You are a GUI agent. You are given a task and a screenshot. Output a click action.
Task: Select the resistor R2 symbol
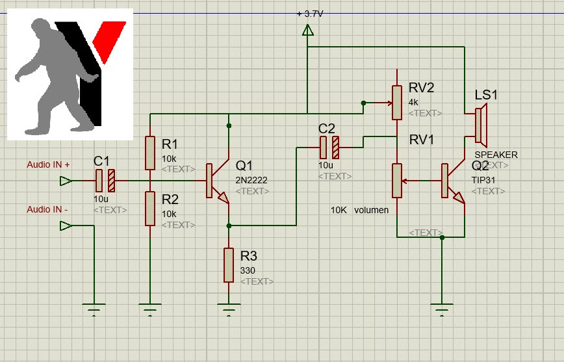click(150, 208)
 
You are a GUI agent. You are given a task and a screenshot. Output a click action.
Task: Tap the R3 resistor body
click(229, 265)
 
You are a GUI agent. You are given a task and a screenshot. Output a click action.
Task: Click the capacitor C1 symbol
click(105, 180)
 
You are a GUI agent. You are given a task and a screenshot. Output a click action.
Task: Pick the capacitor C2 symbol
click(329, 148)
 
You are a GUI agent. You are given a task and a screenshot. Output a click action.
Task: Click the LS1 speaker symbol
click(480, 126)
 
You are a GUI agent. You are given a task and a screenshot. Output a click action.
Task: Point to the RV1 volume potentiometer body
click(396, 181)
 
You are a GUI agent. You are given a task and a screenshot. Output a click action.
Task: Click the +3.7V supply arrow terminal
click(308, 30)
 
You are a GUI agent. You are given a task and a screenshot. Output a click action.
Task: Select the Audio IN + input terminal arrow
click(66, 181)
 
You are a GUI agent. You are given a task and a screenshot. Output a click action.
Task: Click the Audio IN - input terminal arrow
click(66, 226)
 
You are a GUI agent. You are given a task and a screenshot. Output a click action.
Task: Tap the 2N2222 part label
click(251, 180)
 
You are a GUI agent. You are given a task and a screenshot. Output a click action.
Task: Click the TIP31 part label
click(485, 180)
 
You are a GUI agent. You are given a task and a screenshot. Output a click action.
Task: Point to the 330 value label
click(248, 270)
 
